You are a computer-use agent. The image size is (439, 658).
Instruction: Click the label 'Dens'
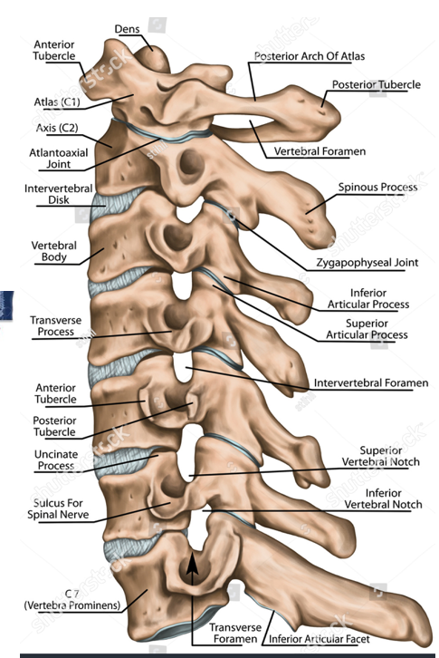(127, 28)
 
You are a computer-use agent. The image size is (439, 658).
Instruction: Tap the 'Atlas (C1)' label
(57, 102)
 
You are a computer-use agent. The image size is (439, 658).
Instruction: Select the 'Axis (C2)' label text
(57, 128)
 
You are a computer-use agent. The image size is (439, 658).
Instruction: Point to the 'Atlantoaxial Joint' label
(59, 159)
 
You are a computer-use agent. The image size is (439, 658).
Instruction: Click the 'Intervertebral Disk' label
(58, 194)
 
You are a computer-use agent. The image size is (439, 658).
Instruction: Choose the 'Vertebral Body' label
(54, 251)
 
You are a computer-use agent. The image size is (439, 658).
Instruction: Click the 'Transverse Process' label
(56, 325)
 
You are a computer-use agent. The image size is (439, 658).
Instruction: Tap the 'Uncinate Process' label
(56, 460)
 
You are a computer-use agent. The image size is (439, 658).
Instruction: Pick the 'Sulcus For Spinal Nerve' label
(58, 508)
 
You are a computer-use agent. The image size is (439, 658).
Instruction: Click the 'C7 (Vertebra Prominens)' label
(72, 600)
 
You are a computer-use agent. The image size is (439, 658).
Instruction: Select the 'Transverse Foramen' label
(235, 633)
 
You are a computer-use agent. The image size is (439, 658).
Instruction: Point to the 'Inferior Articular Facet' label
(320, 639)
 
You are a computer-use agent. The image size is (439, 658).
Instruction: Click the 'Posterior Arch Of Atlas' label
(310, 56)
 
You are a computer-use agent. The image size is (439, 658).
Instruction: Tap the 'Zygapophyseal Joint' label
(367, 263)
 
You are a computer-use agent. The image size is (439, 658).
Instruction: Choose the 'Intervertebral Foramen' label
(371, 382)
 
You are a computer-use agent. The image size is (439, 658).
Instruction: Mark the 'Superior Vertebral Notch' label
(381, 456)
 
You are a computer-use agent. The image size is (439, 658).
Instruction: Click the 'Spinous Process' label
(377, 188)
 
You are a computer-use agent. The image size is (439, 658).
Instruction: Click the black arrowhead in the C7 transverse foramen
(192, 563)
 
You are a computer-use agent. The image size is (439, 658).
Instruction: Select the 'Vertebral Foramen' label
(320, 151)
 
